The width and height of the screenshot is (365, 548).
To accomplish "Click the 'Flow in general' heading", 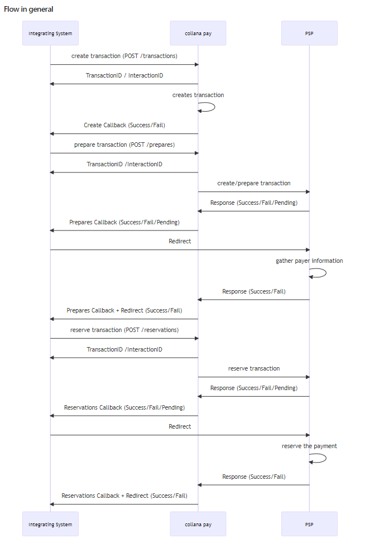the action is pos(28,9).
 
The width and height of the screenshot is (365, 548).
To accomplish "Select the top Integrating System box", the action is pos(50,33).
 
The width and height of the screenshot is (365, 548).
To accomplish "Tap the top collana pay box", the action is pos(198,33).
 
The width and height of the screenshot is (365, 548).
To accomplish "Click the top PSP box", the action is pos(309,33).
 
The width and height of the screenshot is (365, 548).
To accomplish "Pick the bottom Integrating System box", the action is pos(50,524).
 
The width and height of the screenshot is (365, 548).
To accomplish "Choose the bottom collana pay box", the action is pos(198,524).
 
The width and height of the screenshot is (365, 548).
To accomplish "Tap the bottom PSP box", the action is pos(309,524).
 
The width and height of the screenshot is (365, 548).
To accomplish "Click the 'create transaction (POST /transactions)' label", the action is pos(124,56).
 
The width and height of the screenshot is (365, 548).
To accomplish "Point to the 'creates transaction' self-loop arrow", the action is pos(215,107).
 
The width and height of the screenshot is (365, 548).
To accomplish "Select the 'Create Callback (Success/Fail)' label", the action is pos(124,125).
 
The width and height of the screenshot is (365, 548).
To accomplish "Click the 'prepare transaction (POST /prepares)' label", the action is pos(124,145).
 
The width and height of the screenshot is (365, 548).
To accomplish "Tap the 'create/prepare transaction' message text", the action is pos(254,183).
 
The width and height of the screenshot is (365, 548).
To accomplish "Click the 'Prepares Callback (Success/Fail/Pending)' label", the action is pos(124,222).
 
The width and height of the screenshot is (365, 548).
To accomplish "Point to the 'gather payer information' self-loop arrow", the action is pos(326,273).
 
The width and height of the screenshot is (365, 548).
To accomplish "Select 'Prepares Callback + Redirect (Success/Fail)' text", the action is pos(124,310).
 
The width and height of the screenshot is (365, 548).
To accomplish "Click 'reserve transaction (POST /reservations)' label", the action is pos(124,330).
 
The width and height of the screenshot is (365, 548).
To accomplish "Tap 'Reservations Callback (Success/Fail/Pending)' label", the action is pos(124,407).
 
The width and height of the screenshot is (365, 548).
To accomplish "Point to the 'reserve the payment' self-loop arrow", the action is pos(326,458).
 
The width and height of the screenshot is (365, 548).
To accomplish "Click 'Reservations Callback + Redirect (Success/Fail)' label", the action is pos(124,496).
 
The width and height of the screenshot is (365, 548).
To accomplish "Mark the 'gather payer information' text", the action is pos(309,261).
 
